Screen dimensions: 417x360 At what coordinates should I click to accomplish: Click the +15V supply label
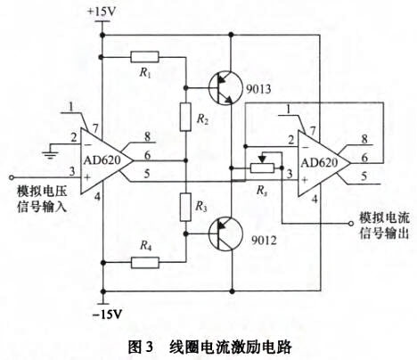point(101,12)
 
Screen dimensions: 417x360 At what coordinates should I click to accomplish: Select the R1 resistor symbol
point(144,57)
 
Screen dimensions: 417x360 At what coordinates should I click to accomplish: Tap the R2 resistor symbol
point(185,117)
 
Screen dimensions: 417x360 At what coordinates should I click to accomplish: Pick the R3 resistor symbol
point(185,207)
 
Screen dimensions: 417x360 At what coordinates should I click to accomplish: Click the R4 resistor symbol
point(144,263)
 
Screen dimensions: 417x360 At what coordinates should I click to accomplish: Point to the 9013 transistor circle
point(225,87)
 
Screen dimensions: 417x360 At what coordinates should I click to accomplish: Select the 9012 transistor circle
point(225,234)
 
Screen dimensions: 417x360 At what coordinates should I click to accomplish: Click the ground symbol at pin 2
point(50,151)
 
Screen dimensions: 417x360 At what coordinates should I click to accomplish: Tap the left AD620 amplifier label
point(102,160)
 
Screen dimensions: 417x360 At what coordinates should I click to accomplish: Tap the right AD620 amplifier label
point(320,163)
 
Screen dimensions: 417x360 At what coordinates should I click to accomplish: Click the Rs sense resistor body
point(262,168)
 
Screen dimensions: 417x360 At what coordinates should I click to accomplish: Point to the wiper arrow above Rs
point(262,158)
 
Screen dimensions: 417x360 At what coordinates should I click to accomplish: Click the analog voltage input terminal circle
point(12,177)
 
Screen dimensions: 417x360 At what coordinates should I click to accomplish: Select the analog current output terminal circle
point(351,223)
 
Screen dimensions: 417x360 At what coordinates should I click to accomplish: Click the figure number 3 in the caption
point(149,347)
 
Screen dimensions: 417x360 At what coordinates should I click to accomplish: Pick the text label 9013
point(258,89)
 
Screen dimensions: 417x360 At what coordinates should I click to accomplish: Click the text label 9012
point(264,240)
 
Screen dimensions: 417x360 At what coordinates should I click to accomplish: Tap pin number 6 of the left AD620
point(147,155)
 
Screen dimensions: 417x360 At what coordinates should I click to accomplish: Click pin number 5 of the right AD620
point(364,176)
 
